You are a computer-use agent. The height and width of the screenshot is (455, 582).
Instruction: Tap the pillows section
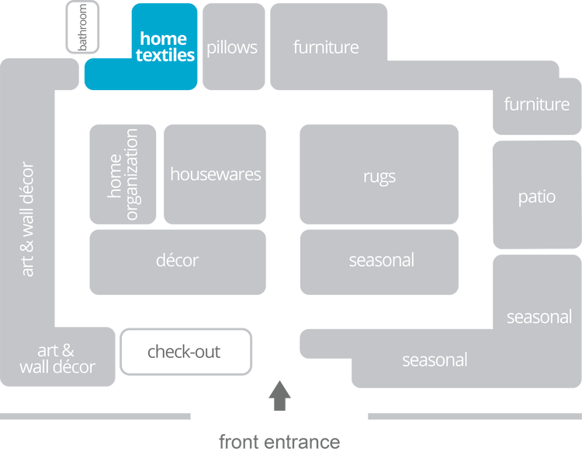(x=232, y=47)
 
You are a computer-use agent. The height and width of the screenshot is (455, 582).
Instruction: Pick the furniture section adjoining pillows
(x=326, y=47)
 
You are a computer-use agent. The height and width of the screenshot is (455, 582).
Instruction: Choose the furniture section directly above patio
(x=536, y=104)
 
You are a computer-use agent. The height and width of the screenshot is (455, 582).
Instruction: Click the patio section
(x=536, y=196)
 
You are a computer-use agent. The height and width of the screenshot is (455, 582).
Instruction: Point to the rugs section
(x=379, y=175)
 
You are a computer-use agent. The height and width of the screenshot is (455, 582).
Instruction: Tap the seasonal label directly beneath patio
(x=539, y=317)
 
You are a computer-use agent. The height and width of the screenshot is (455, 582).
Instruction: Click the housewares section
(x=215, y=174)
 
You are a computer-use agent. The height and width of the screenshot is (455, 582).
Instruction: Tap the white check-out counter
(x=185, y=352)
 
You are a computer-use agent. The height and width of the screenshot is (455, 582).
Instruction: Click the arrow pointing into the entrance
(x=279, y=395)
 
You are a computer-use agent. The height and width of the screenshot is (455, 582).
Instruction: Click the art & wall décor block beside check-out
(x=57, y=359)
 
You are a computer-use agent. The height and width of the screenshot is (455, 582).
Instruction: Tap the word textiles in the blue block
(x=165, y=56)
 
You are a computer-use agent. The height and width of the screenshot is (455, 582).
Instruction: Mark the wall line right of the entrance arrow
(x=473, y=417)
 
